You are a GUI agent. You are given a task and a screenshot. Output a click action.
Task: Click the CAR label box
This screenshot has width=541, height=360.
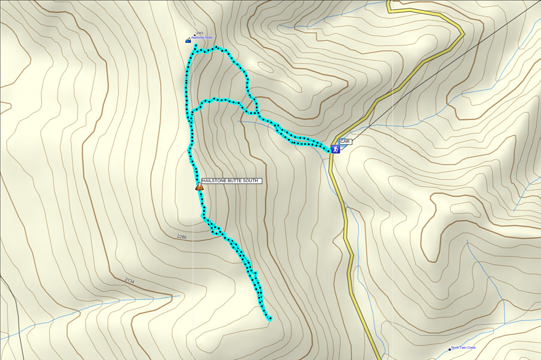click(344, 142)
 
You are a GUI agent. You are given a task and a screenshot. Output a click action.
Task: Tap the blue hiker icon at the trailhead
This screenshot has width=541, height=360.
click(335, 148)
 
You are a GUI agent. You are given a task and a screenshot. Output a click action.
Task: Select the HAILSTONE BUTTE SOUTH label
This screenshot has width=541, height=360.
click(231, 180)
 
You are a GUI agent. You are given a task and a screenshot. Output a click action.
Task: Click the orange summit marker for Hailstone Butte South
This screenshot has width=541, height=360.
click(199, 187)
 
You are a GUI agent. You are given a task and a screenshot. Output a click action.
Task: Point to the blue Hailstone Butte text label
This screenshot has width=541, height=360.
click(202, 37)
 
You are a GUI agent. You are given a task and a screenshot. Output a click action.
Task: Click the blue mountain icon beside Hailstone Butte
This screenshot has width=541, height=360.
click(188, 40)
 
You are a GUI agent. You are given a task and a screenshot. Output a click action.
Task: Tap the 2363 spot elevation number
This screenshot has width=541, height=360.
click(200, 33)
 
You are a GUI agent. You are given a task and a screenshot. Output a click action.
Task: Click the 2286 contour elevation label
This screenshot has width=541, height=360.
click(182, 237)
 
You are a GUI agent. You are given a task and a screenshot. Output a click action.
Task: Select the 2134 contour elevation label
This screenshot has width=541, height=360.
click(130, 281)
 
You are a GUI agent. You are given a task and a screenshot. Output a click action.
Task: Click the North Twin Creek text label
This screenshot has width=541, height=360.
click(463, 347)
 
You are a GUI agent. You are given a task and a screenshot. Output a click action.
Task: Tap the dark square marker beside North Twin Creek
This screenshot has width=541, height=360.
click(449, 349)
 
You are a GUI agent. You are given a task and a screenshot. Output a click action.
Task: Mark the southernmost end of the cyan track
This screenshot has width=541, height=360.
click(270, 319)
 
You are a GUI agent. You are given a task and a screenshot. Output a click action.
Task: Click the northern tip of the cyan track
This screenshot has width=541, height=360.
click(196, 46)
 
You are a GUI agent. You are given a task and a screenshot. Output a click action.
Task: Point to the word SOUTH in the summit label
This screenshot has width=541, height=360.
click(250, 180)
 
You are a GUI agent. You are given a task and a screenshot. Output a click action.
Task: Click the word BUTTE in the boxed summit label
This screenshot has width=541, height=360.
click(233, 180)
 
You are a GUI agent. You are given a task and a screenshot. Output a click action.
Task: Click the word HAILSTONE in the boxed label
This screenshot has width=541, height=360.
click(214, 180)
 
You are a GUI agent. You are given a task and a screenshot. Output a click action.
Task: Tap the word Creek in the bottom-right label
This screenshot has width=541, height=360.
click(471, 347)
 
